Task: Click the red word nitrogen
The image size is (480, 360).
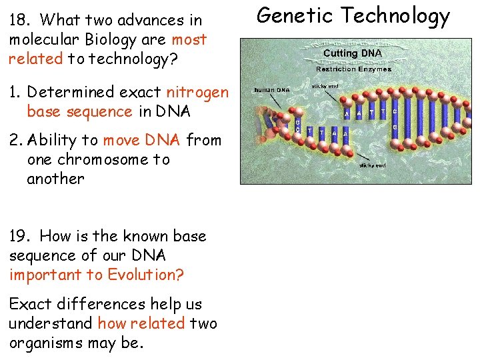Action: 197,92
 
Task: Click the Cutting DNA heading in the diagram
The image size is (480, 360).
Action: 353,53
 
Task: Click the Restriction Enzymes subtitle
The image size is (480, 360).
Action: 353,69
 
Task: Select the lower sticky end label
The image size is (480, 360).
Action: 372,165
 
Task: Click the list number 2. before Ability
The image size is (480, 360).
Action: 17,140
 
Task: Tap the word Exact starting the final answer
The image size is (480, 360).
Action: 31,304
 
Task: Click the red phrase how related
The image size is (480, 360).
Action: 141,323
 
